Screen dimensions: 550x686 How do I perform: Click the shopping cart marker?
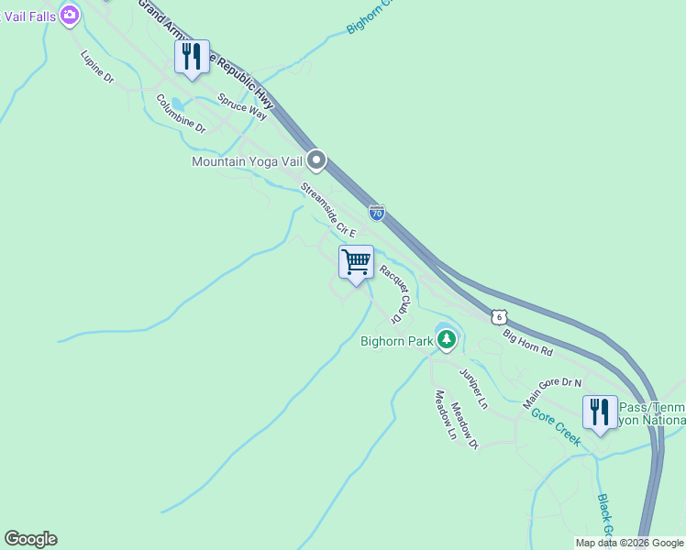(356, 261)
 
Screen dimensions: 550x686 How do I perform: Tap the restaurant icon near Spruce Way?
(192, 57)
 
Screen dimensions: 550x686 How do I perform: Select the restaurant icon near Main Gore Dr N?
(600, 412)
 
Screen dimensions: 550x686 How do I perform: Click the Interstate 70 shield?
(376, 213)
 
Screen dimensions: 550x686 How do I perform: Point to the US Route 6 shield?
(497, 316)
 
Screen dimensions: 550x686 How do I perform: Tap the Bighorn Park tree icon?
(447, 341)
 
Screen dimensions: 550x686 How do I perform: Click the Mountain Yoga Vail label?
(246, 161)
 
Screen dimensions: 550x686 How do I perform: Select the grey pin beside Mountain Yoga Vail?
(316, 161)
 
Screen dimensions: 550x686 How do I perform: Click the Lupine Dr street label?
(96, 67)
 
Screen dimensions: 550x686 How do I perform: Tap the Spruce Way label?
(242, 105)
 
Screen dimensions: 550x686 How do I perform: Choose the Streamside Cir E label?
(327, 210)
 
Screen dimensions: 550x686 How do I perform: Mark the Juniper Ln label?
(473, 388)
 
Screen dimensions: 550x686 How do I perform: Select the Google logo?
(30, 539)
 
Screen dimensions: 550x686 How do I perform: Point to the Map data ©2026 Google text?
(629, 543)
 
